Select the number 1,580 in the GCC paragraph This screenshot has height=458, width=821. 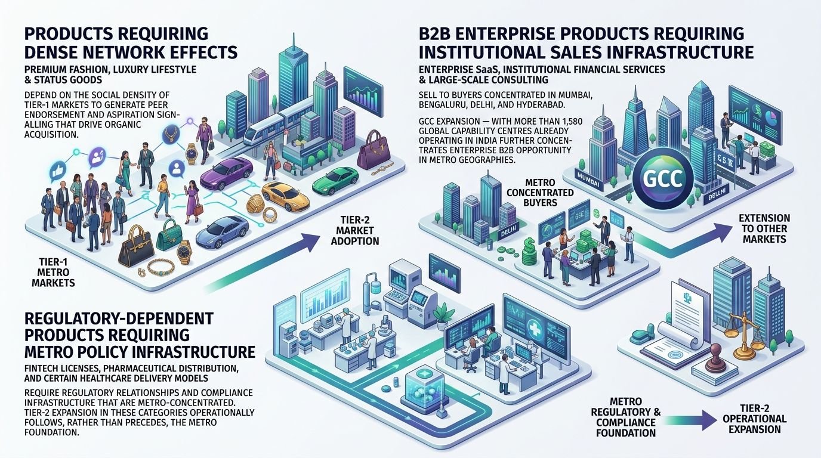click(x=570, y=121)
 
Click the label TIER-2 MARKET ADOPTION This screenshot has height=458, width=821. click(x=354, y=231)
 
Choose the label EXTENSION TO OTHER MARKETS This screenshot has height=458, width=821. click(x=764, y=228)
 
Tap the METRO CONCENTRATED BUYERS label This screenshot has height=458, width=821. click(x=540, y=193)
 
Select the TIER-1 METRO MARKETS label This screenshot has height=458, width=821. click(x=53, y=272)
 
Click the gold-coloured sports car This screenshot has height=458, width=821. click(x=286, y=196)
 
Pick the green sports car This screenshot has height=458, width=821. click(x=335, y=180)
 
